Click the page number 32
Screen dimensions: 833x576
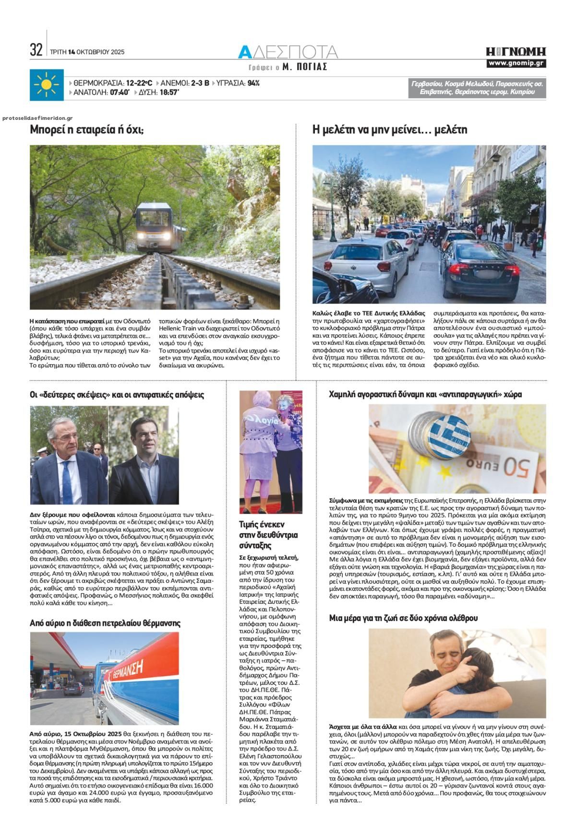pos(36,50)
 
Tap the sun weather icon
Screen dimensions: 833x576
pos(46,85)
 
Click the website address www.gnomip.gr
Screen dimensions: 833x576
pos(516,63)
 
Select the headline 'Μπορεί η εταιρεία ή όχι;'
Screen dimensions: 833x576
pos(87,129)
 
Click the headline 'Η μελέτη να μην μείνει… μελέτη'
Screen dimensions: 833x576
pos(389,129)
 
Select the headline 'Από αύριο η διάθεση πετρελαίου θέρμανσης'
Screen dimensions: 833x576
pos(105,623)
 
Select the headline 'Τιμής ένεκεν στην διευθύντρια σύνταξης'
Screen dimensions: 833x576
pos(269,534)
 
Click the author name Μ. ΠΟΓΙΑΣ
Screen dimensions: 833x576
pos(305,67)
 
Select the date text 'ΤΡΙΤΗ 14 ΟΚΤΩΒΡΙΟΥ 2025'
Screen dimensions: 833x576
pos(87,52)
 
